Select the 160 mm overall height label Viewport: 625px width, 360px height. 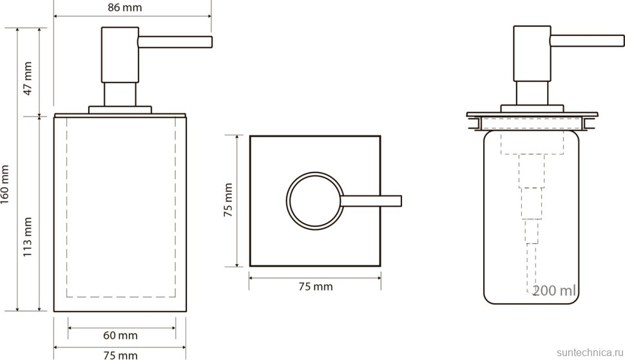pos(6,185)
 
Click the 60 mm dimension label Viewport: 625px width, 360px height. pos(120,336)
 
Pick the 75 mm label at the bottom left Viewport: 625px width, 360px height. pos(120,354)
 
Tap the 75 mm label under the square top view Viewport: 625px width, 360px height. pos(315,287)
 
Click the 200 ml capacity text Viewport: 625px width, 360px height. pos(553,290)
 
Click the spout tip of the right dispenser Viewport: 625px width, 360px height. pos(622,40)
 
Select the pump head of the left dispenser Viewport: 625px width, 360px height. pos(120,54)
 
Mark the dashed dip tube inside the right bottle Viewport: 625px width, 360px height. pos(531,232)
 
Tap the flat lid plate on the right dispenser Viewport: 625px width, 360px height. pos(532,115)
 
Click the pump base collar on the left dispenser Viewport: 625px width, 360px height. pos(120,109)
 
